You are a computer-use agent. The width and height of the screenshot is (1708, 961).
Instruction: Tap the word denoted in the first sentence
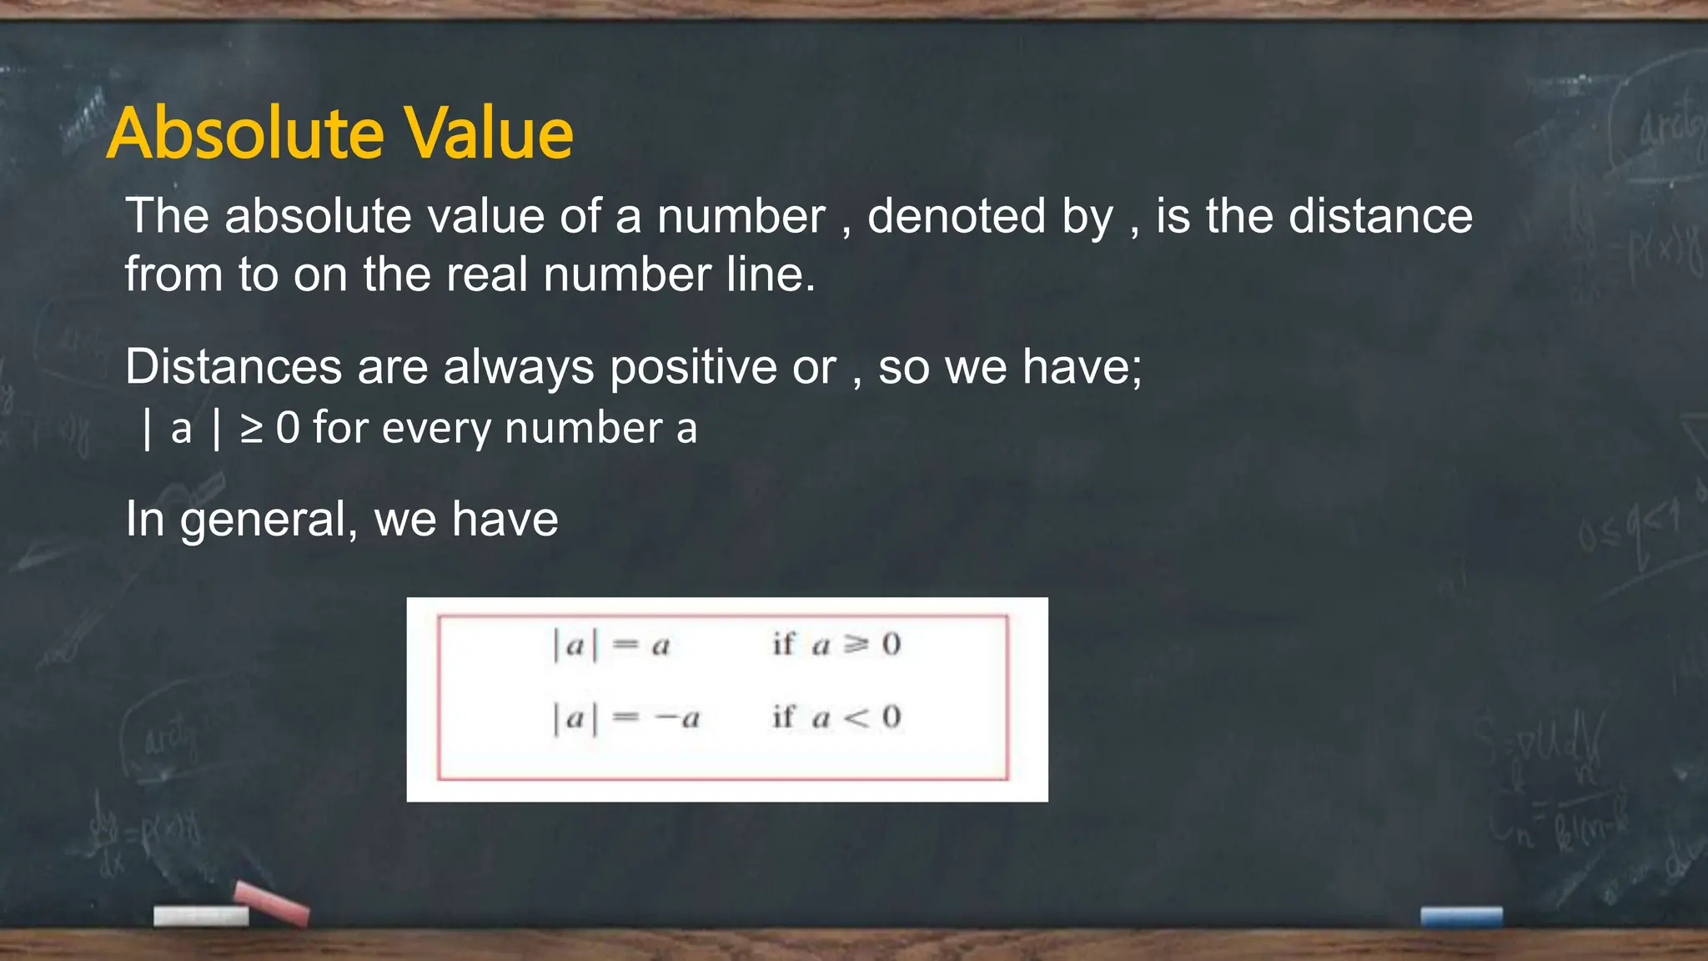coord(955,217)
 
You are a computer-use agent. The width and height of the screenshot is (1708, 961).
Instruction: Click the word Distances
coord(234,367)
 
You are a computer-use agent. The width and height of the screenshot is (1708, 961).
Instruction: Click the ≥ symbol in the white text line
coord(251,429)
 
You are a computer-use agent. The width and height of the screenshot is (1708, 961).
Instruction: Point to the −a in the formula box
coord(677,718)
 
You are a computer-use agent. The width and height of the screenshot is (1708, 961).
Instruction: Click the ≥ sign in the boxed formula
coord(856,644)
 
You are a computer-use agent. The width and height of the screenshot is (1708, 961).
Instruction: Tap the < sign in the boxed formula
coord(856,717)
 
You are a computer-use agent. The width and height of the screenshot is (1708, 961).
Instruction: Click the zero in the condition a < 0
coord(892,717)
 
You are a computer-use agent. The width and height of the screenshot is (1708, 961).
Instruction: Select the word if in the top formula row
coord(783,643)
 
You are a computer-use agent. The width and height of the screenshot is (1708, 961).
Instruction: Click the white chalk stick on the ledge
coord(201,916)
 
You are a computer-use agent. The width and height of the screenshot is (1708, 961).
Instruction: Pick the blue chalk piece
coord(1461,917)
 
